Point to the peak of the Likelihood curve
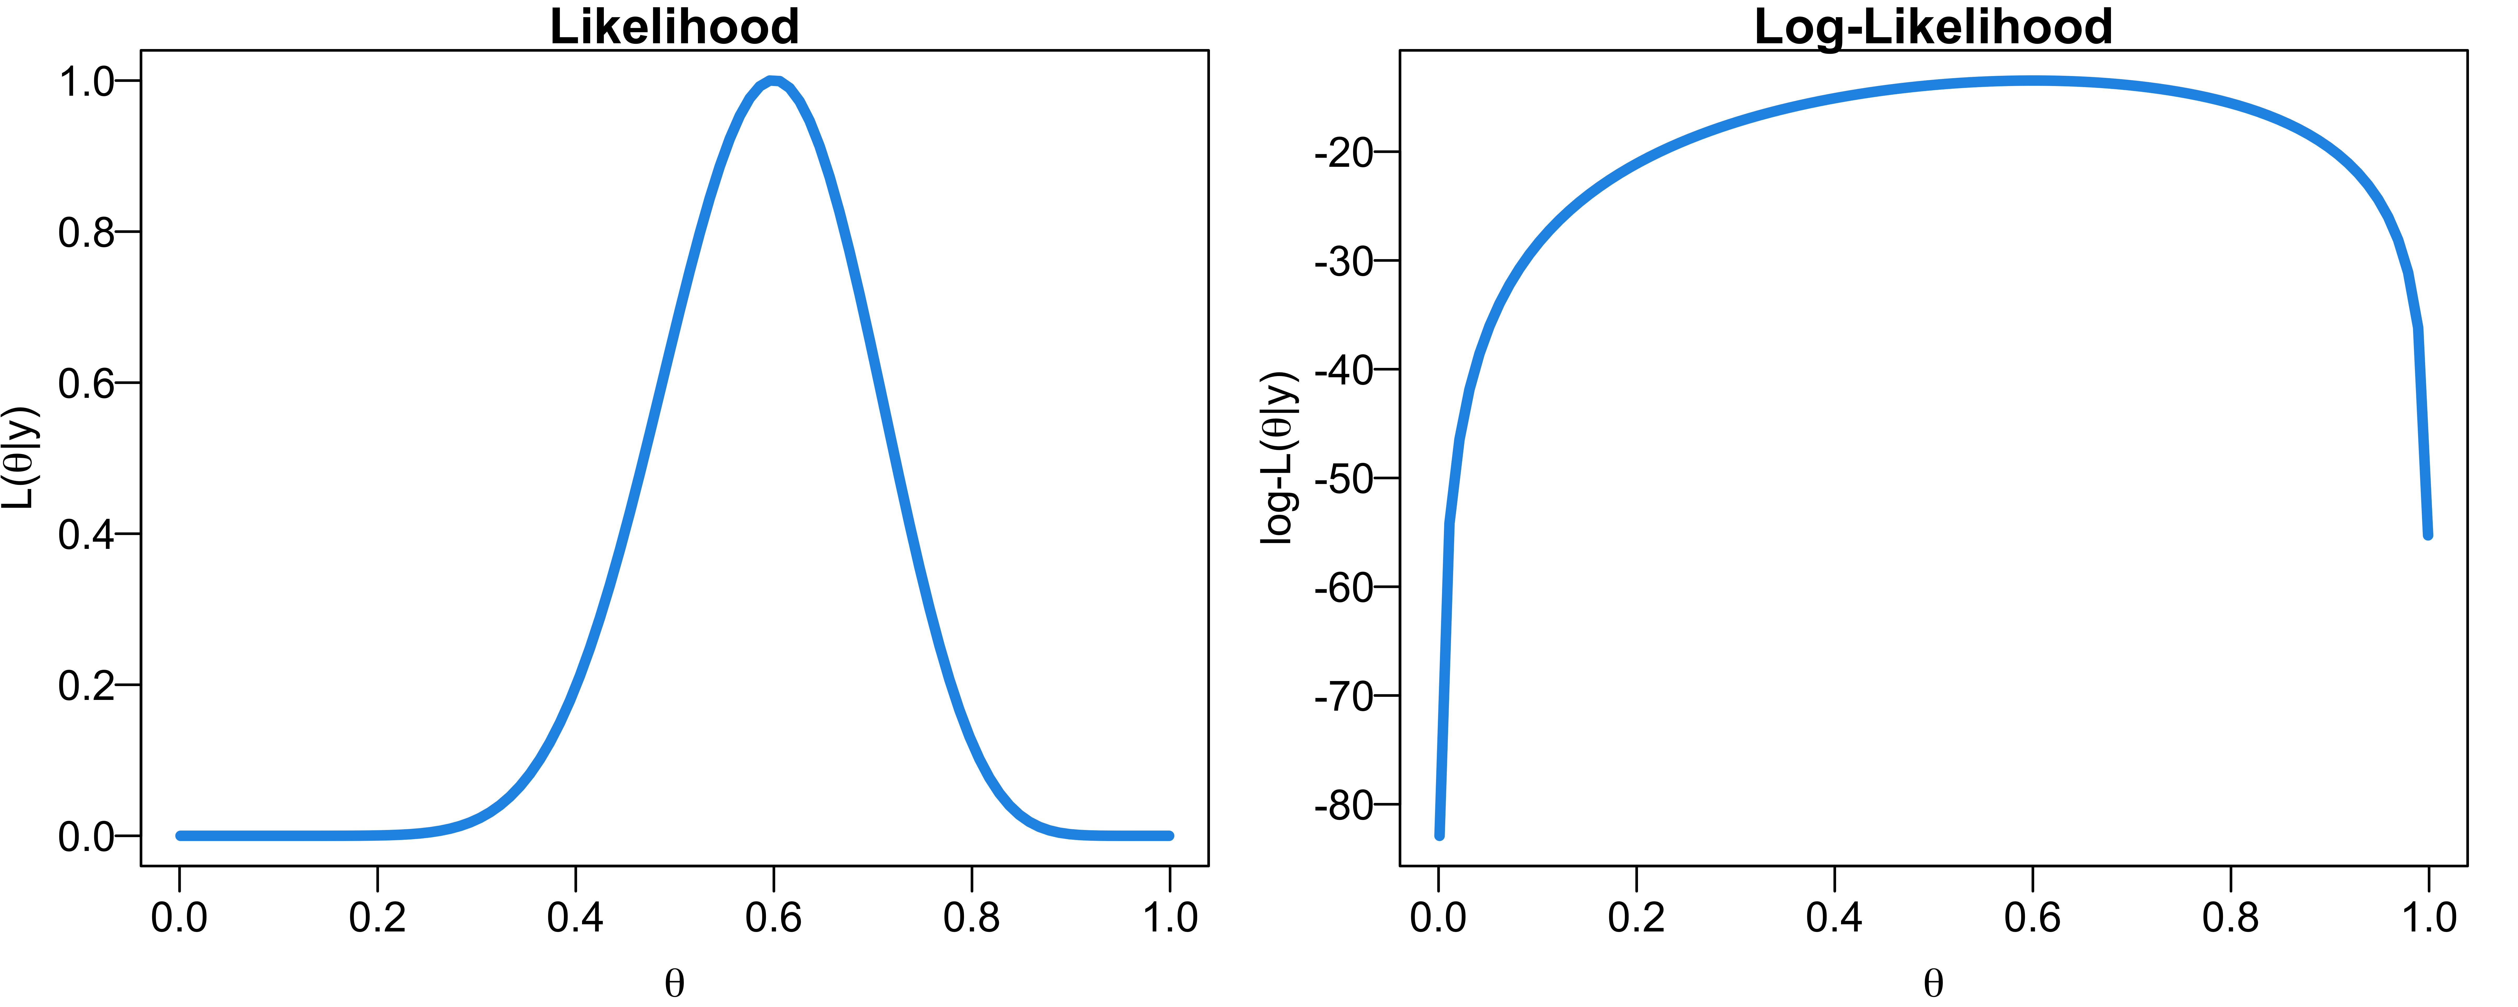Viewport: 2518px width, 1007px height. coord(773,81)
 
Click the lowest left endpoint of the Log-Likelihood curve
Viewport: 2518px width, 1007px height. coord(1439,835)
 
